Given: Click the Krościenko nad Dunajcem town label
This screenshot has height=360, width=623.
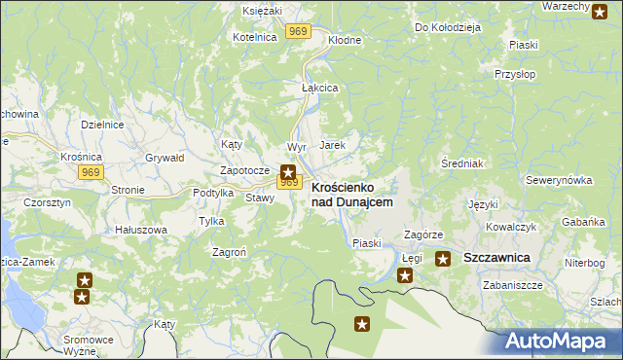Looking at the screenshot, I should [351, 194].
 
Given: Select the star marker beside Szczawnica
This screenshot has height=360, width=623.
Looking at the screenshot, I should [443, 259].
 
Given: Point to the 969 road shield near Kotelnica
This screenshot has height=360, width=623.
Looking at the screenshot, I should [299, 32].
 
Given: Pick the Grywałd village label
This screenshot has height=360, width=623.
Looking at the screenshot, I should [165, 157].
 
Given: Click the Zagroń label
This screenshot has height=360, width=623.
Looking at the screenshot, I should [229, 251].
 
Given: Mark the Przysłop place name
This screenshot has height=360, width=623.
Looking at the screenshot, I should [515, 74].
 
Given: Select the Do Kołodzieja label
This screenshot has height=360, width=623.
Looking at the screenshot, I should [448, 27].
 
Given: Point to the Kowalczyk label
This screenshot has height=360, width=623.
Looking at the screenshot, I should [512, 227].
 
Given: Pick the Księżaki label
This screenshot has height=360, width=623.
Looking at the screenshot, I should [262, 10].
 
